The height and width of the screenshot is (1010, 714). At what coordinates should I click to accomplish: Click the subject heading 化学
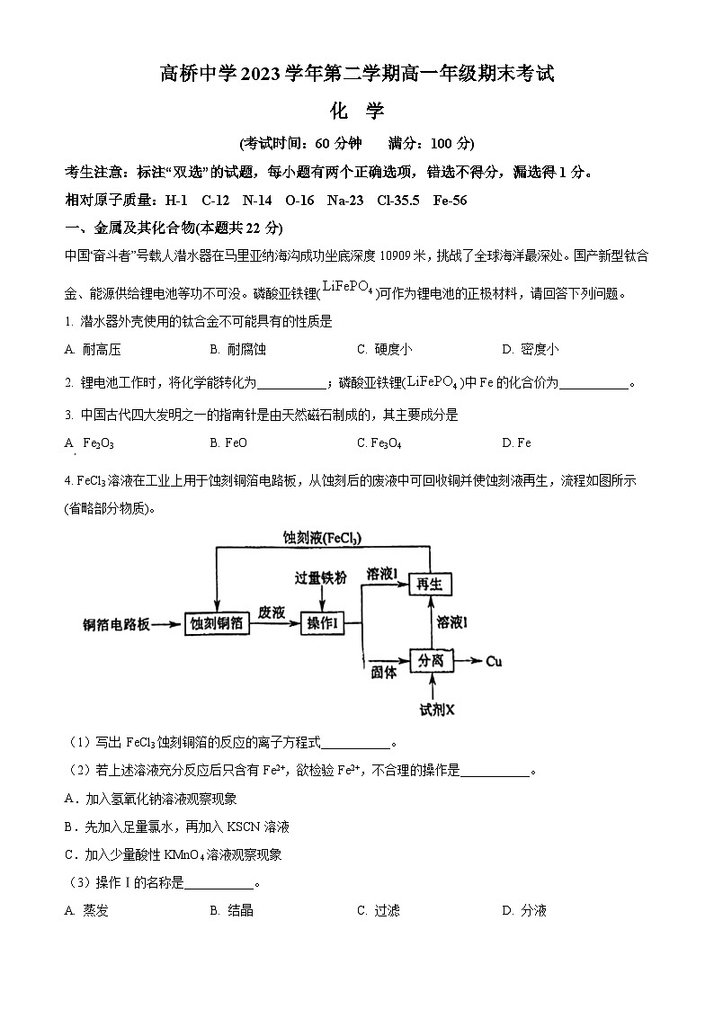point(357,111)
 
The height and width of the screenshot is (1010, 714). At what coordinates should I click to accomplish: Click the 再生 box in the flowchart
point(431,585)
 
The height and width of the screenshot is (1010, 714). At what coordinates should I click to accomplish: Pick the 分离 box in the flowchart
point(431,662)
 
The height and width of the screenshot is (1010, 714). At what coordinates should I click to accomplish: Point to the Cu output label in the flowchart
point(494,662)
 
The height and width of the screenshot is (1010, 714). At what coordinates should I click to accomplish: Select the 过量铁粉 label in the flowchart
point(321,577)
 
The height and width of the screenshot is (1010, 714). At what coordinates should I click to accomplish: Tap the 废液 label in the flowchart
point(272,612)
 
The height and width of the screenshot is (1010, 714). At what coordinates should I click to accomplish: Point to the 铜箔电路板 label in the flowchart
point(116,624)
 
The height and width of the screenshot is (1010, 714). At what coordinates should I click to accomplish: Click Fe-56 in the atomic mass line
point(447,200)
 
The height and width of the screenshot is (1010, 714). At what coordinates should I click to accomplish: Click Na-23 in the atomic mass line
point(346,200)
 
